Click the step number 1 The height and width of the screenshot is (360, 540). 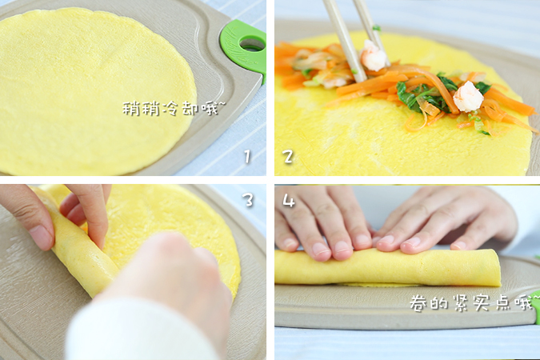coord(247,157)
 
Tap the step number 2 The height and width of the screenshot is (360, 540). coord(288,157)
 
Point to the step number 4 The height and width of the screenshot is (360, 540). coord(288,201)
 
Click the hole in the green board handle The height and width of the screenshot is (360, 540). coord(251,43)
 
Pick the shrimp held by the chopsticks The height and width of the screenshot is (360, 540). coord(373,56)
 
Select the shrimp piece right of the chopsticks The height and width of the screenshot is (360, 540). coord(468,97)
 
